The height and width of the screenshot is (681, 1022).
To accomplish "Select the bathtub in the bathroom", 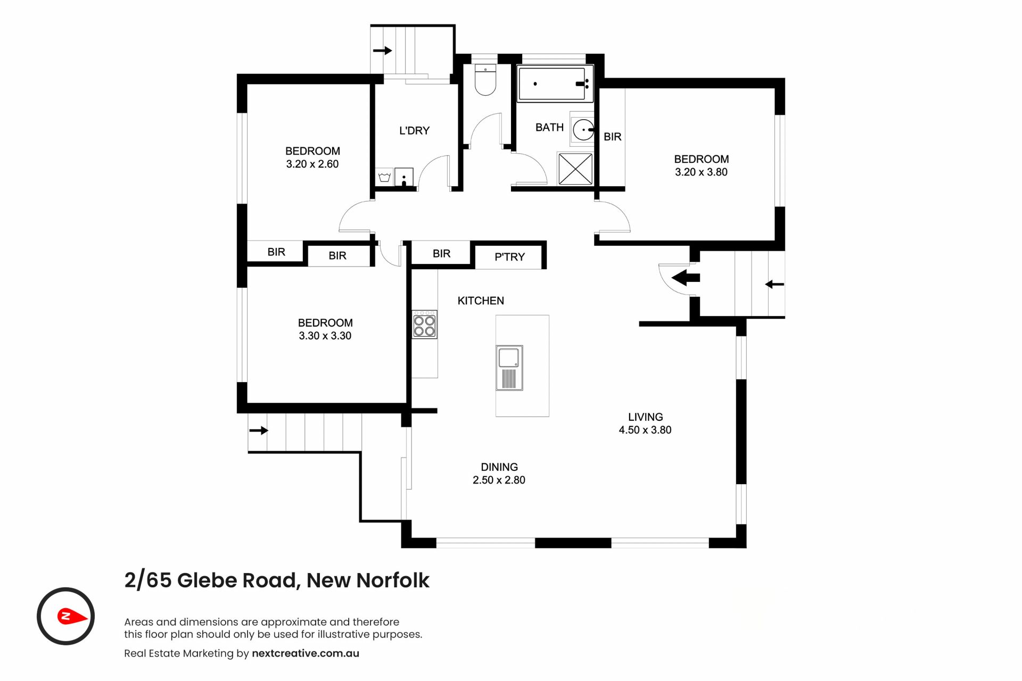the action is (555, 84).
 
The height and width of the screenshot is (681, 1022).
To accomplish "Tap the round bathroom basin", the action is (583, 129).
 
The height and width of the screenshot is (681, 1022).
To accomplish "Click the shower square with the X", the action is (575, 169).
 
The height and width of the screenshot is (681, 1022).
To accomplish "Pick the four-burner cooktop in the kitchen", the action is (425, 325).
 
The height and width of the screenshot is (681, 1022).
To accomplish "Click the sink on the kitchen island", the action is (509, 368).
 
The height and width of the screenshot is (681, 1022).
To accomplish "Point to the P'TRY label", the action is (509, 257).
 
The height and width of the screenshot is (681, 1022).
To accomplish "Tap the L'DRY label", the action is (414, 130).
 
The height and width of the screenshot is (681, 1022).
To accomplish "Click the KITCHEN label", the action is (481, 301).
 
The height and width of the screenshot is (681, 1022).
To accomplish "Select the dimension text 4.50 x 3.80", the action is (645, 430).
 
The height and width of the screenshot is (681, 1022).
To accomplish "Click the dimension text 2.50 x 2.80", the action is (499, 480).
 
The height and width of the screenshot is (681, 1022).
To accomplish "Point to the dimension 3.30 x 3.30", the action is (325, 336).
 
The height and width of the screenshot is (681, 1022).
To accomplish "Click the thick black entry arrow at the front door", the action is (686, 278).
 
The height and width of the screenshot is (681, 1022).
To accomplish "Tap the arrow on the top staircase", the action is (382, 51).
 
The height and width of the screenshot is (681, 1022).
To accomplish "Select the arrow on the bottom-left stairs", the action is (259, 430).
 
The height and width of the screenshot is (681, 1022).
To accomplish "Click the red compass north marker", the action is (72, 617).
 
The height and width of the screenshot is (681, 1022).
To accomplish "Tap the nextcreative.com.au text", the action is (306, 653).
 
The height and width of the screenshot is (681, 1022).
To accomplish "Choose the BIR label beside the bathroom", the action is (613, 137).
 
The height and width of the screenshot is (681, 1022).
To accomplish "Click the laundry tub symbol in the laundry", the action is (384, 177).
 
